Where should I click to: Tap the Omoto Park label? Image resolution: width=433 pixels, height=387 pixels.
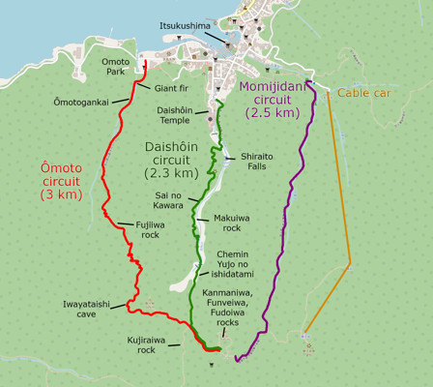(x=115, y=67)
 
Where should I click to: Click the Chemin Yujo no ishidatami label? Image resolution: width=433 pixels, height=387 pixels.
(x=239, y=263)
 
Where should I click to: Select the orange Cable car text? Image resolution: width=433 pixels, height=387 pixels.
(x=365, y=93)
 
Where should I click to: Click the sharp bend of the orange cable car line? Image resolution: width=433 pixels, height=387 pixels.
(x=351, y=263)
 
